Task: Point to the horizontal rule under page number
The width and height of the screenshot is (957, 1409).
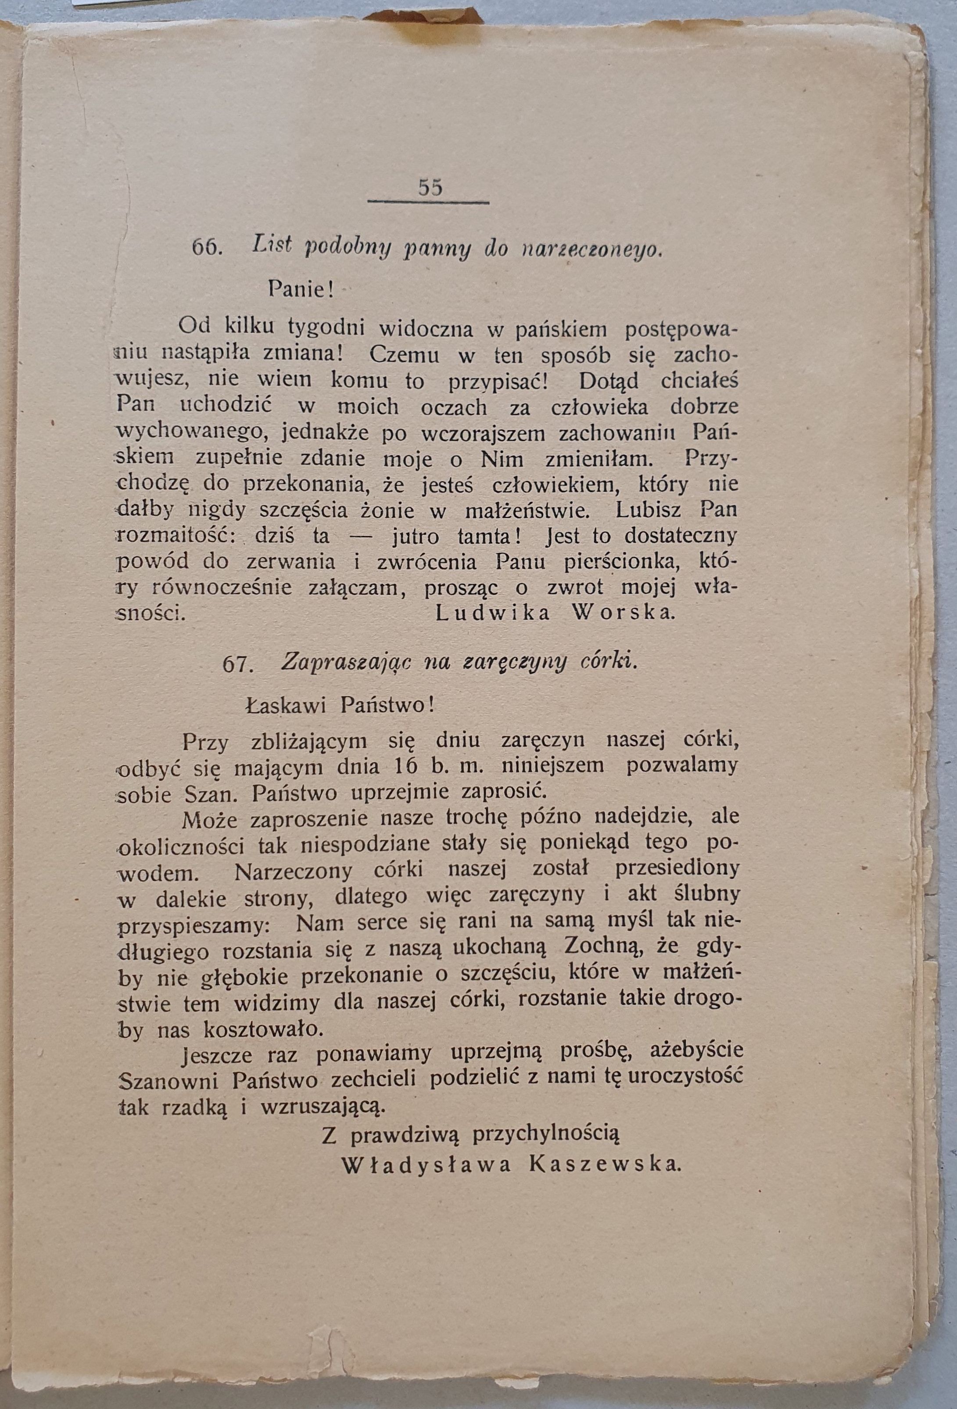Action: click(428, 202)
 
